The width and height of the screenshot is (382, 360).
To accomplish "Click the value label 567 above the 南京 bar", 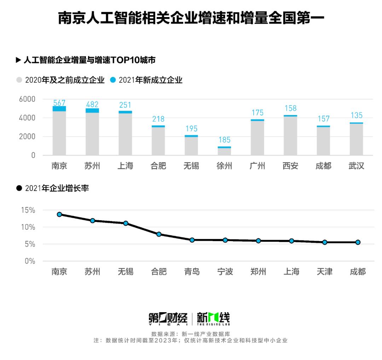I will [59, 103].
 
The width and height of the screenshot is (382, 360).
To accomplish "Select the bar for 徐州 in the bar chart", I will [224, 151].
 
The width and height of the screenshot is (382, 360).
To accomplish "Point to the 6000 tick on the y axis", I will [27, 99].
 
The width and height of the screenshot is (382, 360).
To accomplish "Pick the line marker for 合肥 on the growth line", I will [159, 234].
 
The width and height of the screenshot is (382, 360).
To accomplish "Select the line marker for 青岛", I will [192, 240].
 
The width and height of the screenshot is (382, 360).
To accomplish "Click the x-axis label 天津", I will [325, 272].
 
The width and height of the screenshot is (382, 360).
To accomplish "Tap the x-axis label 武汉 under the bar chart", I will [356, 166].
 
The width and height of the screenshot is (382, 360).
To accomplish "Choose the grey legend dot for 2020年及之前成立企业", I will [19, 80].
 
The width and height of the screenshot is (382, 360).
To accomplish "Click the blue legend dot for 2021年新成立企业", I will [113, 80].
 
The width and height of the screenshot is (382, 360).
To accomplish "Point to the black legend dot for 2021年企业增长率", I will [19, 188].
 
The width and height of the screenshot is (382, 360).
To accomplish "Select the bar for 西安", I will [290, 135].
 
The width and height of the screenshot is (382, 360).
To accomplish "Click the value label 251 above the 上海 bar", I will [125, 105].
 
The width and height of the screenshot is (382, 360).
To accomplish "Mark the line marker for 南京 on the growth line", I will [59, 214].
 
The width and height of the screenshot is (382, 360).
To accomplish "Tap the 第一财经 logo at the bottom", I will [168, 319].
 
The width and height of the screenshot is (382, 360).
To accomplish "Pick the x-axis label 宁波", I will [225, 272].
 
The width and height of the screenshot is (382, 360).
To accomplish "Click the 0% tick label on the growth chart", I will [29, 261].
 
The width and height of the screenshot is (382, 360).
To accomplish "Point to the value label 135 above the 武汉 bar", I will [356, 115].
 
